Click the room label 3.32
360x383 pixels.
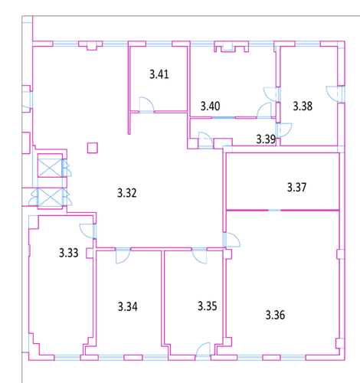tap(127, 193)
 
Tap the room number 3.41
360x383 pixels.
tap(159, 74)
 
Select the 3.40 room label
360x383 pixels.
tap(210, 106)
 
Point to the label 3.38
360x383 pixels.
tap(303, 106)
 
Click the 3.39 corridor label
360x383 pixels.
tap(266, 139)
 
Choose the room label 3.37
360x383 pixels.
tap(296, 187)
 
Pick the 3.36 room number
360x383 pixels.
tap(275, 315)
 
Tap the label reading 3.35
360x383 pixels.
tap(208, 306)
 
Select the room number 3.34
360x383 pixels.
tap(128, 306)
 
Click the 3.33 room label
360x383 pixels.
tap(69, 253)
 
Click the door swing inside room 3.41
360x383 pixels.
tap(146, 105)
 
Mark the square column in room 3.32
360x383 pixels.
tap(93, 148)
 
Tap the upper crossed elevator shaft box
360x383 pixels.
tap(50, 168)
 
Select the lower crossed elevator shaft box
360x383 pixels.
tap(50, 197)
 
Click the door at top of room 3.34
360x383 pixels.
tap(123, 255)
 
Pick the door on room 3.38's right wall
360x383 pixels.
tap(335, 94)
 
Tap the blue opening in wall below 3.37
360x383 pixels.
tap(275, 210)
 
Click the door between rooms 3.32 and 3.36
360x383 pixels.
tap(232, 240)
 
